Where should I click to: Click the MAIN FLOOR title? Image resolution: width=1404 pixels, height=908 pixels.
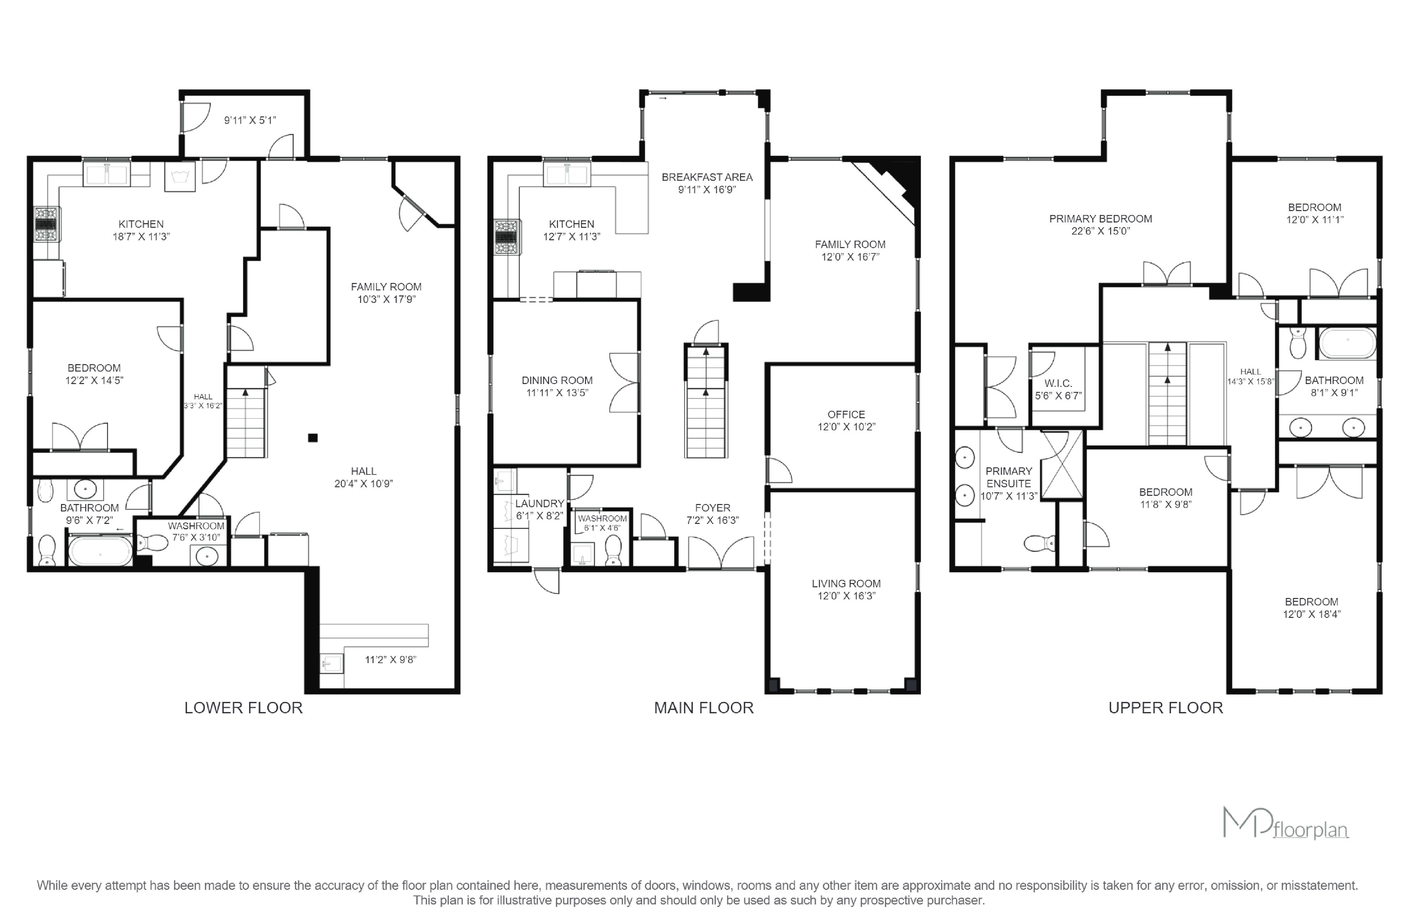tap(703, 708)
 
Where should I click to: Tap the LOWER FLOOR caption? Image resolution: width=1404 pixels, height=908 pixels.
tap(243, 708)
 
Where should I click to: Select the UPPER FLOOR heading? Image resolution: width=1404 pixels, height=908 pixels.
tap(1166, 708)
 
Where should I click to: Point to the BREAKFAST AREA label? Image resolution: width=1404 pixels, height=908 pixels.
tap(707, 177)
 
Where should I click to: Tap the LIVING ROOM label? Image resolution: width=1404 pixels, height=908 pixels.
tap(846, 583)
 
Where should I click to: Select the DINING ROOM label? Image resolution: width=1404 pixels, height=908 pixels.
tap(557, 380)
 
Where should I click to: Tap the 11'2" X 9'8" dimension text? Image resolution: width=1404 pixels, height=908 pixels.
tap(391, 659)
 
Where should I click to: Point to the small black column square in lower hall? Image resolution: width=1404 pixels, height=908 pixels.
tap(313, 437)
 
